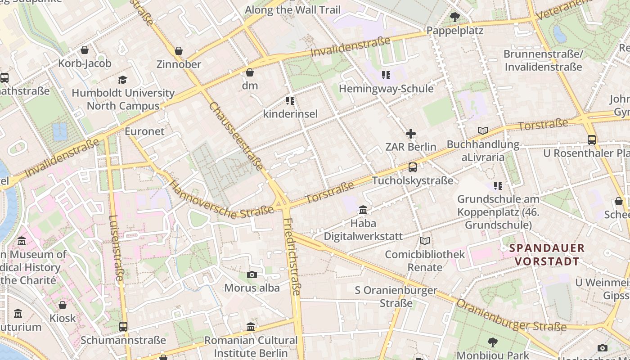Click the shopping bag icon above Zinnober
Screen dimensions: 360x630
tap(179, 51)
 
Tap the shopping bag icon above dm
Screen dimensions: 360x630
tap(250, 72)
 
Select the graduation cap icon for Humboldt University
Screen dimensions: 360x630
tap(122, 80)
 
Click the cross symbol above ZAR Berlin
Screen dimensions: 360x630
tap(410, 134)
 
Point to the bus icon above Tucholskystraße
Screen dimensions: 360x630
tap(412, 167)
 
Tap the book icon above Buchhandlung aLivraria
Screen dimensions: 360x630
tap(483, 131)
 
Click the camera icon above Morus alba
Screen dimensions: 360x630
tap(252, 274)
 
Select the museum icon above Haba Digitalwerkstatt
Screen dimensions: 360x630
tap(363, 210)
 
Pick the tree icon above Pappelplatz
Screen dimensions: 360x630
tap(454, 18)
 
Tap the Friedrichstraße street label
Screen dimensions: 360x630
tap(292, 256)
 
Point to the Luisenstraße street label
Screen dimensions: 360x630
tap(115, 247)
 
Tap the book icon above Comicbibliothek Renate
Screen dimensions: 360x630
tap(424, 241)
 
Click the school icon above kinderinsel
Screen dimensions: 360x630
tap(290, 100)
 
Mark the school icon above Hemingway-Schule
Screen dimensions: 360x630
tap(386, 75)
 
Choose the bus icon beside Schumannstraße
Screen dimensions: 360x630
tap(123, 327)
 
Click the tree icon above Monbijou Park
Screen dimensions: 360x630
tap(493, 342)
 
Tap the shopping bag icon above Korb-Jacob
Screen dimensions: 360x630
tap(85, 50)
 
